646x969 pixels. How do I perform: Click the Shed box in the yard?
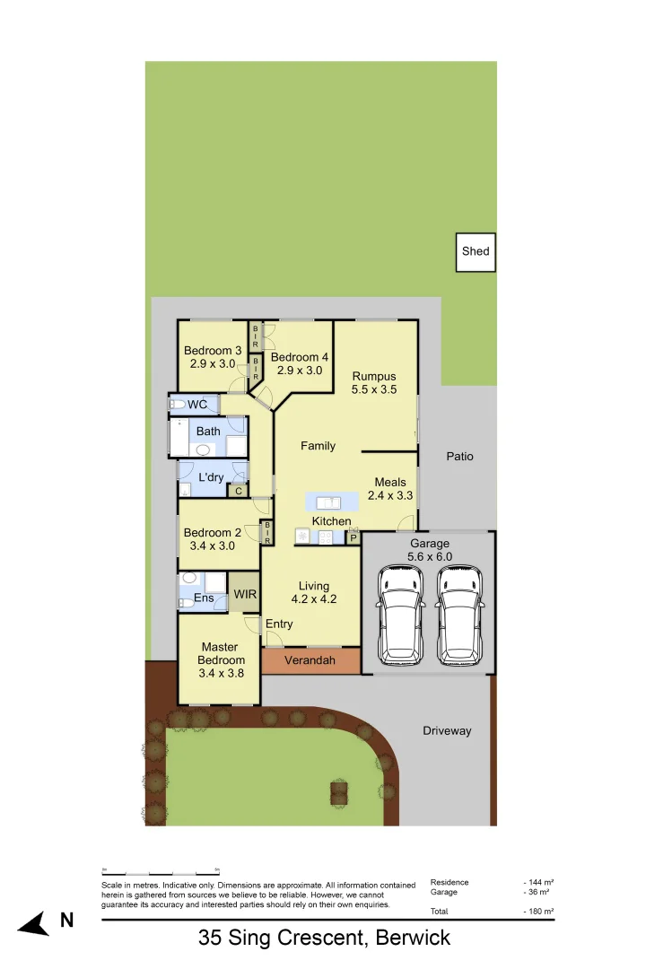(476, 251)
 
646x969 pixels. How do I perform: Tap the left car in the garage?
(402, 615)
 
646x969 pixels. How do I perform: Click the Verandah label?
(310, 660)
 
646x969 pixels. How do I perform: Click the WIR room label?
(245, 594)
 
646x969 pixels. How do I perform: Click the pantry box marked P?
(353, 537)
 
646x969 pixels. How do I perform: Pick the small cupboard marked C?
(238, 490)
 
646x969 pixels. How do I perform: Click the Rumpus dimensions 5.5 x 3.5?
(374, 390)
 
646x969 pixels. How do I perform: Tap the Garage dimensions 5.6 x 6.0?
(430, 556)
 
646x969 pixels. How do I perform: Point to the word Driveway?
(447, 731)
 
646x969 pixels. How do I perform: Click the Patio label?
(459, 457)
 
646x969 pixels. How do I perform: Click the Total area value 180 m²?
(539, 912)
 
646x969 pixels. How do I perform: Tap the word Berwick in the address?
(413, 939)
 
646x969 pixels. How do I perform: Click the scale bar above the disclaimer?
(161, 871)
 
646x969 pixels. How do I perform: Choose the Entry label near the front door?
(279, 624)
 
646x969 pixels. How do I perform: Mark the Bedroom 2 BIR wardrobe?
(266, 533)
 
